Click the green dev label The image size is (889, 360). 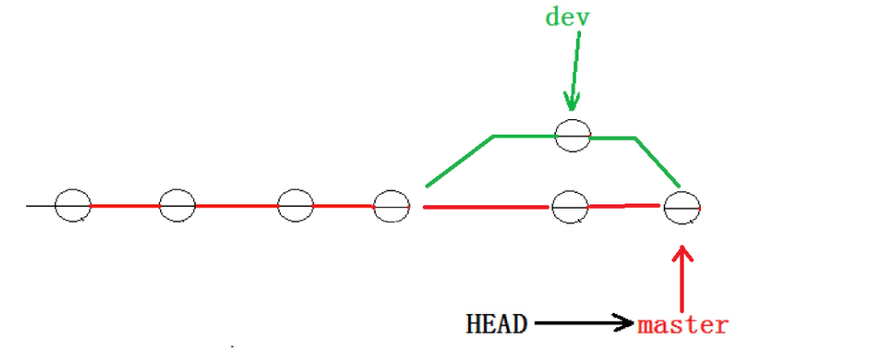coord(567,17)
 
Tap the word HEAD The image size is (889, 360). coord(497,324)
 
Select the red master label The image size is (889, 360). coord(683,325)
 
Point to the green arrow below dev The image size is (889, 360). coord(571,74)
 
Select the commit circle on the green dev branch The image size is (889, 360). coord(573,135)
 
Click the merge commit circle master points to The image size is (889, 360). coord(682,207)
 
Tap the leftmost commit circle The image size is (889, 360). coord(72,206)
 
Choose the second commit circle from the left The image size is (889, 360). coord(177,206)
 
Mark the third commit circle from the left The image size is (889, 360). coord(295,206)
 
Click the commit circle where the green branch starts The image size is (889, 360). coord(391,206)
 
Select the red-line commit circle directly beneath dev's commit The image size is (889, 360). coord(570,207)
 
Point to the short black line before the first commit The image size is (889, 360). coord(40,206)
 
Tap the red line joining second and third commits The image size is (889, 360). coord(236,206)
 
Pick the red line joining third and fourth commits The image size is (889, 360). coord(344,206)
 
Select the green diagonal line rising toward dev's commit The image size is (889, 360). coord(459,161)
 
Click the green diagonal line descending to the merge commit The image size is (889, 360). coord(657,161)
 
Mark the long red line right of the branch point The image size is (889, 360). coord(487,208)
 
